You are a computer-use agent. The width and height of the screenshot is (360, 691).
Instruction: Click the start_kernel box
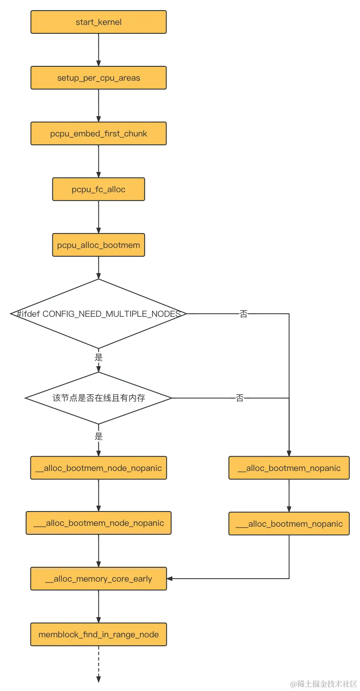pos(98,22)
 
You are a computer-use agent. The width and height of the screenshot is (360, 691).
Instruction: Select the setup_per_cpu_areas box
pos(98,78)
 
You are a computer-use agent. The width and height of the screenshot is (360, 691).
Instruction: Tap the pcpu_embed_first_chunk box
pos(98,133)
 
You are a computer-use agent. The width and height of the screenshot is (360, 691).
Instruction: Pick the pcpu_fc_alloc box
pos(98,189)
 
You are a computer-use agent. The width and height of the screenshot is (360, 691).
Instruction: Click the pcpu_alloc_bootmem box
pos(98,245)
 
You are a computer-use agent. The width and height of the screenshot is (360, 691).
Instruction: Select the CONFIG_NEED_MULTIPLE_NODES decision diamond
pos(98,314)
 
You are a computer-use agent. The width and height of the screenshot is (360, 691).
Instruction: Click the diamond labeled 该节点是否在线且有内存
pos(98,398)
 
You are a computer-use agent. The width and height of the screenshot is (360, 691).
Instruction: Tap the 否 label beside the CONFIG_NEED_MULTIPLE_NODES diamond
pos(243,314)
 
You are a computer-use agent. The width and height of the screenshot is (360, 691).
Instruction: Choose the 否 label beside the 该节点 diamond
pos(240,397)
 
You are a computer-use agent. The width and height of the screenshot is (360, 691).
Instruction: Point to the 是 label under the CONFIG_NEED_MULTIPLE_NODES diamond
pos(98,358)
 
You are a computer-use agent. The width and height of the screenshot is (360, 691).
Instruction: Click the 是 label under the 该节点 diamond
pos(98,436)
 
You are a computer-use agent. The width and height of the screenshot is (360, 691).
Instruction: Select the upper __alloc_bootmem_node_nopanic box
pos(98,468)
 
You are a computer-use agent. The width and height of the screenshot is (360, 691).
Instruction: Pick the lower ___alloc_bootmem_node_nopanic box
pos(98,523)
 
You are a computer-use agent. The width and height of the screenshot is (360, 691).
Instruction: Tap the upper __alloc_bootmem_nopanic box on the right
pos(289,468)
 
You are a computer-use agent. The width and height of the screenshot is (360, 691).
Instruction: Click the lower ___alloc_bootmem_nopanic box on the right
pos(289,524)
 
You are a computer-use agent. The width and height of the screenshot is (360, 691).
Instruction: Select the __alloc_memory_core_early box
pos(98,579)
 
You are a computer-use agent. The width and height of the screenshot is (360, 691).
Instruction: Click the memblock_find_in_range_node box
pos(98,634)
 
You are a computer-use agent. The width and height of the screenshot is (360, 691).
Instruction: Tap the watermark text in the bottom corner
pos(323,683)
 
